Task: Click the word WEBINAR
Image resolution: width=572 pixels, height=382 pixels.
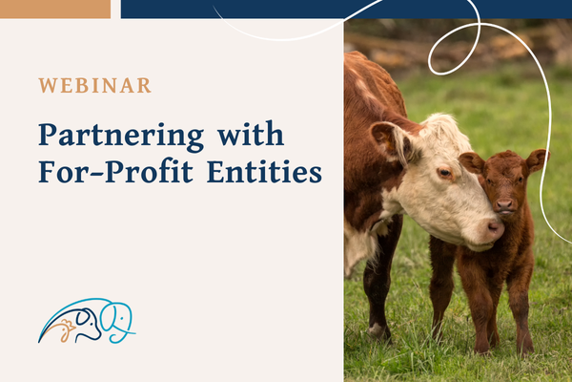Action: coord(94,85)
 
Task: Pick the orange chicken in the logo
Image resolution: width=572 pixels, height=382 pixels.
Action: coord(66,330)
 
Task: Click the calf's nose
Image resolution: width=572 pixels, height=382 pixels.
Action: coord(504,203)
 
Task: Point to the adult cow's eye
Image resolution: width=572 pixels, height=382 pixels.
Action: coord(444,173)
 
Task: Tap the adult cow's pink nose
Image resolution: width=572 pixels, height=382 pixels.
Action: coord(494,227)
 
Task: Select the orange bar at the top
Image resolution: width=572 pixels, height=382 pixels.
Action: coord(54,9)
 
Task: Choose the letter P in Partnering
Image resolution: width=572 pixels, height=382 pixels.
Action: coord(49,136)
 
